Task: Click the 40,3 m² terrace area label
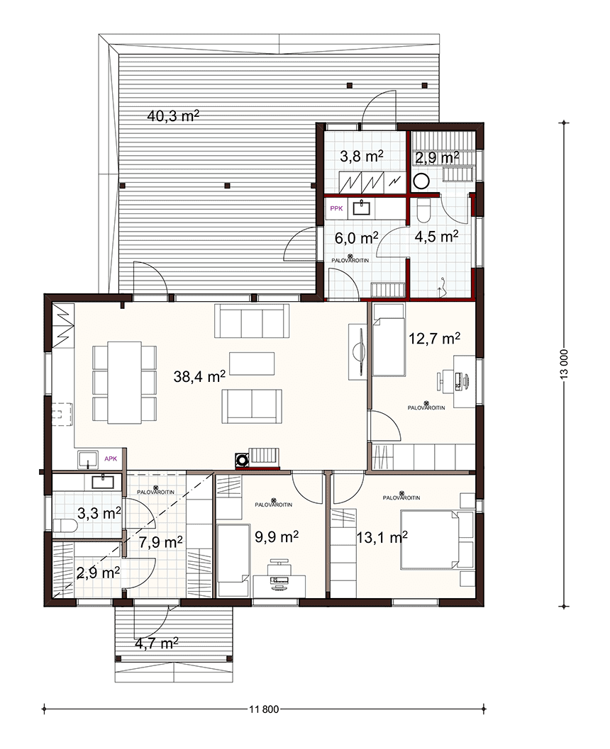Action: (173, 116)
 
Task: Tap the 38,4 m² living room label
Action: (199, 376)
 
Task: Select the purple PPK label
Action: (336, 208)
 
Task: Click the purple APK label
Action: (111, 458)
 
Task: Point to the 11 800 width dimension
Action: (264, 709)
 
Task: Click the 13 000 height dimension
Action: (565, 365)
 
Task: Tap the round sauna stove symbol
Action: (421, 181)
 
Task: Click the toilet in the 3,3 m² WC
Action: (65, 526)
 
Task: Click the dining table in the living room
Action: (124, 382)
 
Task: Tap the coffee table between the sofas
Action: (252, 364)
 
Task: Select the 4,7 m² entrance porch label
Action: (157, 643)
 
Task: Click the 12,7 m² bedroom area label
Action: (435, 338)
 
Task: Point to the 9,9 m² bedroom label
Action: (277, 537)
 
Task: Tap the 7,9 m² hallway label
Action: (160, 542)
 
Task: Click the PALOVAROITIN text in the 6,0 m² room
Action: (350, 260)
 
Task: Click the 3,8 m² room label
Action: (362, 156)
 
